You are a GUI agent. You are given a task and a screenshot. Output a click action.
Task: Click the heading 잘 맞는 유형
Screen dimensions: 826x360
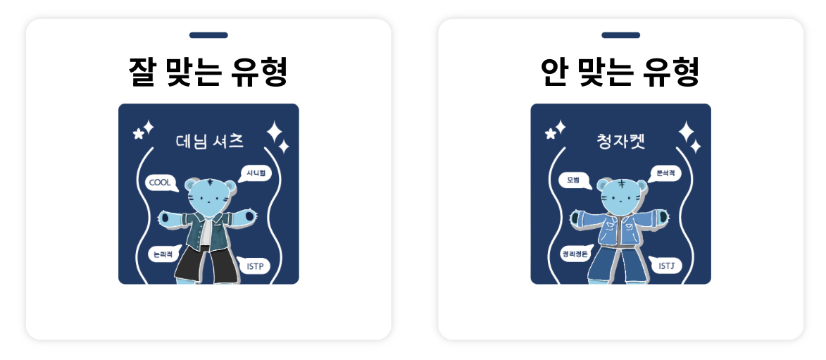208,71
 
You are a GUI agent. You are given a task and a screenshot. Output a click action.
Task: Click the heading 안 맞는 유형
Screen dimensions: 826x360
620,71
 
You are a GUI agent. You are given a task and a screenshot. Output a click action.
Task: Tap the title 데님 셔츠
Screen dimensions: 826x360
209,142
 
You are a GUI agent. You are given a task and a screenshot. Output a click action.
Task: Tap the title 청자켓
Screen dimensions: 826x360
620,142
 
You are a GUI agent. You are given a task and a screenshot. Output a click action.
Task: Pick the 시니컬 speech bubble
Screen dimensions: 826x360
255,173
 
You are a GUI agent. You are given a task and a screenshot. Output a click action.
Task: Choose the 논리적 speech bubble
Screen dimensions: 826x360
163,254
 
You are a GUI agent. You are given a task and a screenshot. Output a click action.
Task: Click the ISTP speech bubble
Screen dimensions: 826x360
255,266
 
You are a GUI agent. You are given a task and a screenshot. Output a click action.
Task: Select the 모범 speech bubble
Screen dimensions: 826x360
573,180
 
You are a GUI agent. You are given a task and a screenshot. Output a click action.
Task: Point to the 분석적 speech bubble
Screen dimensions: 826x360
665,172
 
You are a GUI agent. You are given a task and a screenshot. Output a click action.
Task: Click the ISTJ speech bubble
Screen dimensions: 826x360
666,266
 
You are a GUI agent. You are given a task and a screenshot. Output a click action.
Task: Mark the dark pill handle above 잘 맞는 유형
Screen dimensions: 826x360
208,35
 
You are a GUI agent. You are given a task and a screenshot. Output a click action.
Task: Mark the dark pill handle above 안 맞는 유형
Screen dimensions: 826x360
620,35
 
